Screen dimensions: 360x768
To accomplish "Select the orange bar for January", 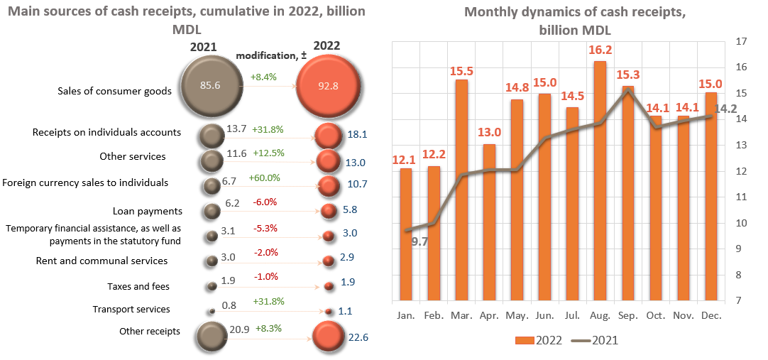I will [406, 234].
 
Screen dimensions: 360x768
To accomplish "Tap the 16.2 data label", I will [600, 50].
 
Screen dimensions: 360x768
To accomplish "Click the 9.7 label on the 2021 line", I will [419, 241].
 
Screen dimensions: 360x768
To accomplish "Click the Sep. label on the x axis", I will [628, 315].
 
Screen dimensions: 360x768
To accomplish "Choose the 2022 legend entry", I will [538, 340].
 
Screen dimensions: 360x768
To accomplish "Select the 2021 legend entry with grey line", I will [597, 340].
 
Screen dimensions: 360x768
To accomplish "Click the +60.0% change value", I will [264, 178].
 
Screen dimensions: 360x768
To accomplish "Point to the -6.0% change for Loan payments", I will [265, 202].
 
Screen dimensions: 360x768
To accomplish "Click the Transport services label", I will [131, 310].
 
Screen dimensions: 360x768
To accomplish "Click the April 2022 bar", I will [489, 222].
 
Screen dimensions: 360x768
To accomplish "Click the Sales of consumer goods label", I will [114, 91].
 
